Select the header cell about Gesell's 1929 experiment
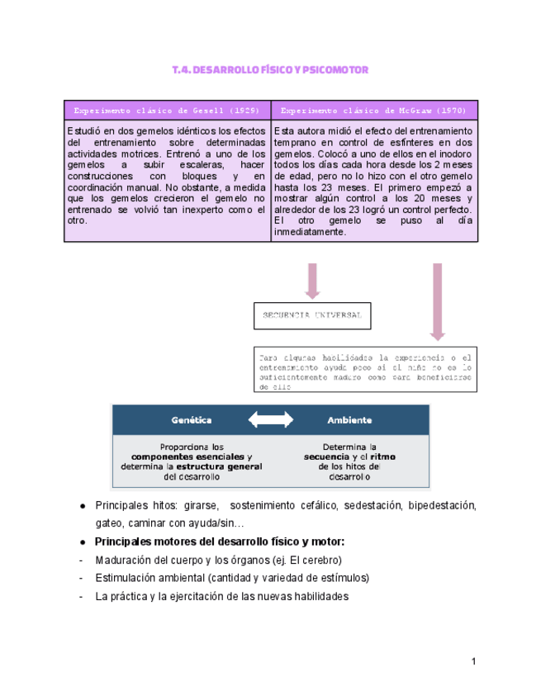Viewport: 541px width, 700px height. pos(168,110)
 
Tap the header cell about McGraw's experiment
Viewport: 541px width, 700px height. pos(374,110)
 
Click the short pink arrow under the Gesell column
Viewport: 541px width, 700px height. pos(311,281)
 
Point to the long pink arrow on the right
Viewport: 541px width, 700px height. pos(437,302)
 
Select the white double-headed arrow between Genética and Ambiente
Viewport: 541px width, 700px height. pos(270,419)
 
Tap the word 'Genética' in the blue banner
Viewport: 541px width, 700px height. pos(192,419)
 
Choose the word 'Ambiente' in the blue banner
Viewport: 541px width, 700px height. pos(349,419)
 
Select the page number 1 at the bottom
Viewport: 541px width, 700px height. pos(474,661)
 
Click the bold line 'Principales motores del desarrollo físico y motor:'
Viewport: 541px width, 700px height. pos(220,542)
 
